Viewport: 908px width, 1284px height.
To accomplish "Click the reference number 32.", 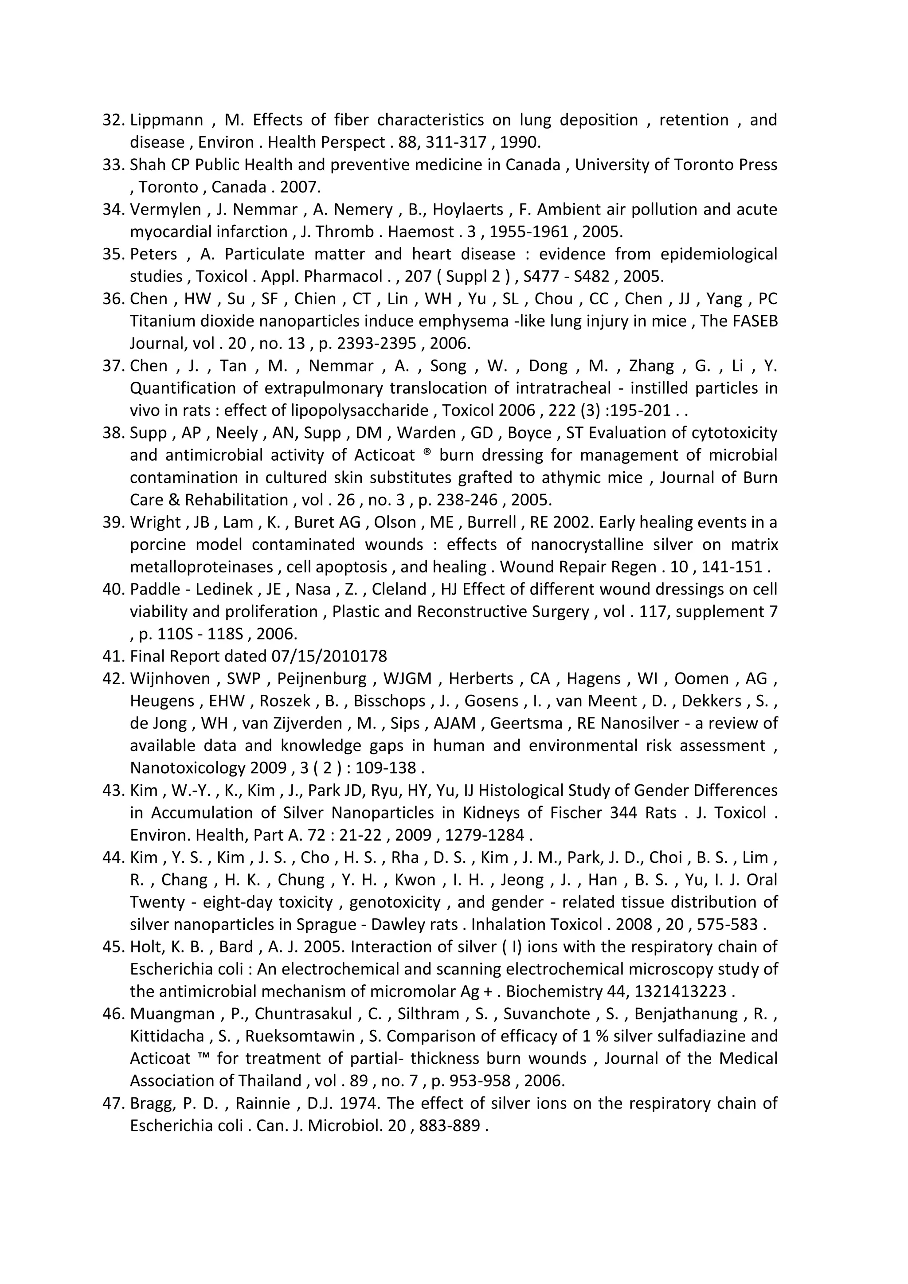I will pyautogui.click(x=114, y=120).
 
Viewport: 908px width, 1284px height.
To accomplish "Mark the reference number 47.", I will pyautogui.click(x=114, y=1104).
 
